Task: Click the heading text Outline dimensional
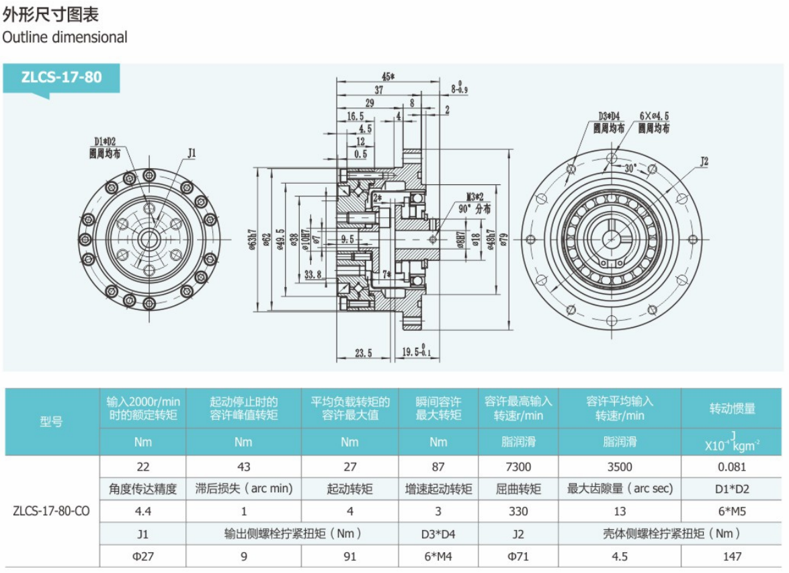point(65,37)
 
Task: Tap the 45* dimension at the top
point(388,76)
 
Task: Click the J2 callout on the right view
point(704,161)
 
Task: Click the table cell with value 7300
point(518,467)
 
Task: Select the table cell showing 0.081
point(732,467)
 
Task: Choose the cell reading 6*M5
point(732,511)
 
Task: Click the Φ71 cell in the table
point(518,556)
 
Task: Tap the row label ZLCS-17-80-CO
point(51,510)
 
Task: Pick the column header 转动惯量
point(732,408)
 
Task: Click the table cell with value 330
point(518,511)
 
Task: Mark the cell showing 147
point(732,556)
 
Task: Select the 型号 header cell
point(51,422)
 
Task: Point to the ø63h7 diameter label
point(253,237)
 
